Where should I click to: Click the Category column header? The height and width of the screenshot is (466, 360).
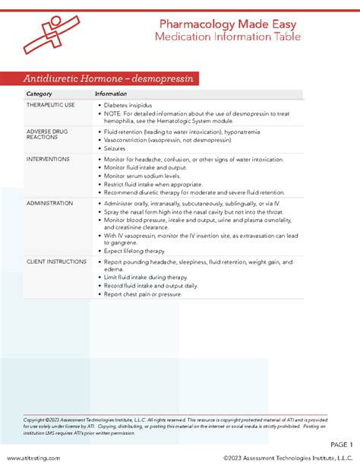(39, 94)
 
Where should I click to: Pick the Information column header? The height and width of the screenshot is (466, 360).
(111, 94)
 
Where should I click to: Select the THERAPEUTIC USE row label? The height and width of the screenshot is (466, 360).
(51, 105)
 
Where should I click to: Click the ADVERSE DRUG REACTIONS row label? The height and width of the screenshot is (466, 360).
(47, 135)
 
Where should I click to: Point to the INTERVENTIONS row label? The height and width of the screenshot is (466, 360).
(48, 159)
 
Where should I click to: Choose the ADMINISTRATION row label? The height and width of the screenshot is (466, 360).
(49, 204)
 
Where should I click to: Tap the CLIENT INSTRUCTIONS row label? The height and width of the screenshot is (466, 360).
(55, 261)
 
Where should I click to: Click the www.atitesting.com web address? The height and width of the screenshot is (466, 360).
(33, 458)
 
